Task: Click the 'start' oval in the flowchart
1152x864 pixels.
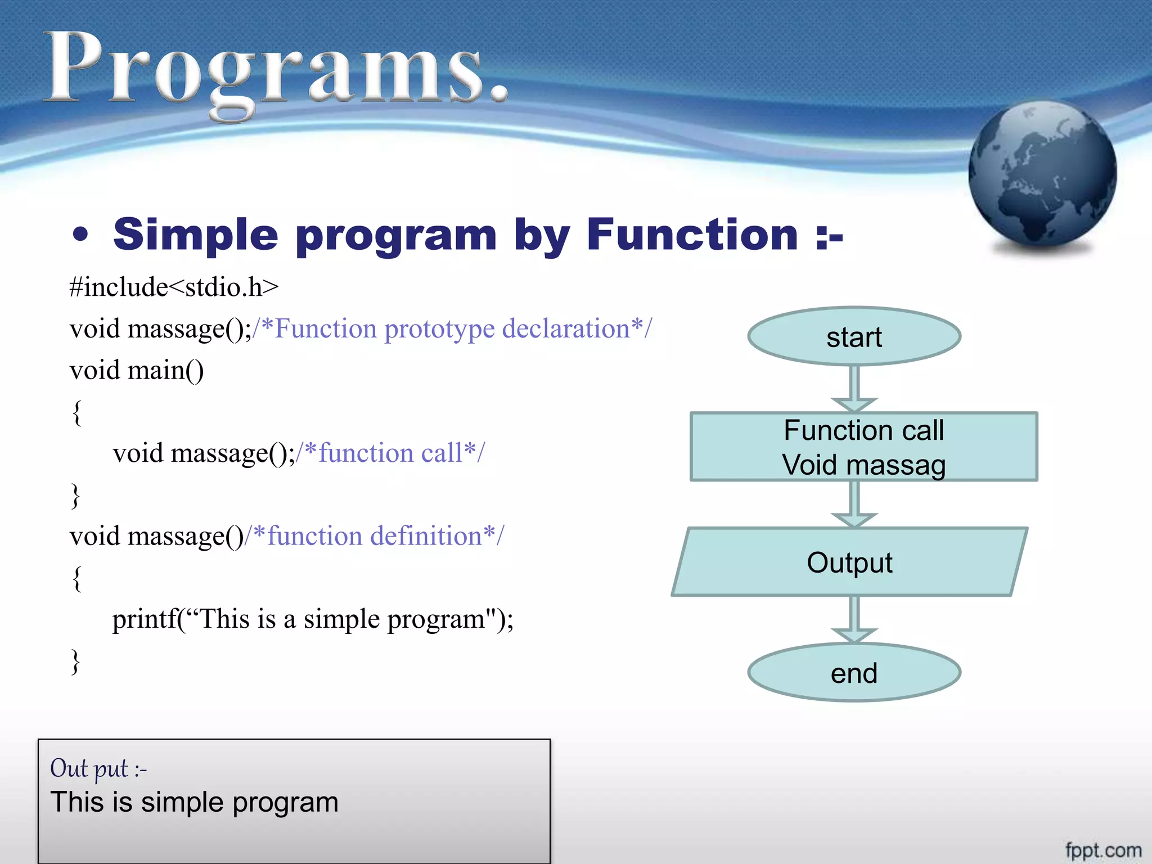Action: click(854, 336)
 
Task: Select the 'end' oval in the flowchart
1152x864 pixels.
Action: click(854, 673)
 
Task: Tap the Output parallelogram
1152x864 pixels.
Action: click(849, 562)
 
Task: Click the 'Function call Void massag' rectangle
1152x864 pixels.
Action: click(863, 447)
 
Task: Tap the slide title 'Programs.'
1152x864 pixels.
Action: click(276, 70)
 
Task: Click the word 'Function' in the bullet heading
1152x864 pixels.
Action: click(692, 235)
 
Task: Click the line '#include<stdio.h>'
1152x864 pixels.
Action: click(174, 287)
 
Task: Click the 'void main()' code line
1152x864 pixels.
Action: click(137, 371)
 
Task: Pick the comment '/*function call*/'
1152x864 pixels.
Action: click(390, 453)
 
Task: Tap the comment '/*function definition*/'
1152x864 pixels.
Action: click(375, 536)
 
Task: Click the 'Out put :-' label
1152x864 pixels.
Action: click(98, 768)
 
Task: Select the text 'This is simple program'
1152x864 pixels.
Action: click(194, 802)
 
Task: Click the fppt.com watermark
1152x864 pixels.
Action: click(1103, 850)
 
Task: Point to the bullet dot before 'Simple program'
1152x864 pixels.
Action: click(81, 235)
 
